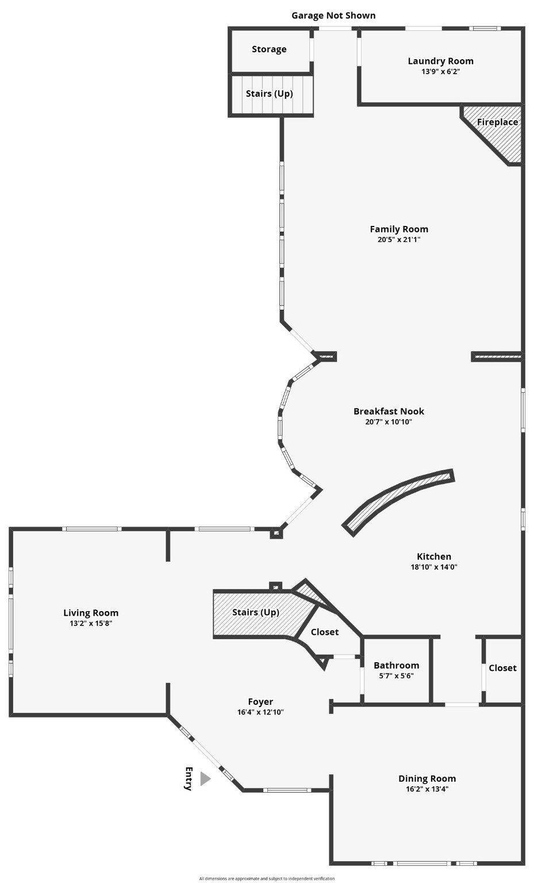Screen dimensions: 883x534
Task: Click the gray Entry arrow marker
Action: (205, 779)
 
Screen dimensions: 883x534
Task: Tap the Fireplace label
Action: (497, 122)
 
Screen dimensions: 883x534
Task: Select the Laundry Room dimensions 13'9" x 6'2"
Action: (440, 72)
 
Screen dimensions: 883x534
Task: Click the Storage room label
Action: (269, 49)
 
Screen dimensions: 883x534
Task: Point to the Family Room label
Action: (399, 229)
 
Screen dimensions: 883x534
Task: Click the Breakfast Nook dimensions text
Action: (389, 422)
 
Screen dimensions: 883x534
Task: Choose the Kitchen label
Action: (434, 556)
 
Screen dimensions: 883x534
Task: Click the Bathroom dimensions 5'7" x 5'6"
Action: (396, 676)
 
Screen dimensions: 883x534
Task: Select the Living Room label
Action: (91, 613)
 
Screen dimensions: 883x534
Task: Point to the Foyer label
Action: (260, 701)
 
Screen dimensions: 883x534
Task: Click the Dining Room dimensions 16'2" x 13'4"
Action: (427, 789)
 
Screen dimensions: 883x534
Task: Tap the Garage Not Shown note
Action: (333, 16)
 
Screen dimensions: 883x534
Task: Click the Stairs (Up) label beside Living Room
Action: (256, 612)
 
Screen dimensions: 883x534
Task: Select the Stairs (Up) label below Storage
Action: (270, 94)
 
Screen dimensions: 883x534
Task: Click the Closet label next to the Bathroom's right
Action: (502, 668)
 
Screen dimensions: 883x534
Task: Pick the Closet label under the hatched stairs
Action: (325, 632)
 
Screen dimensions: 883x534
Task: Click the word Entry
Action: (188, 779)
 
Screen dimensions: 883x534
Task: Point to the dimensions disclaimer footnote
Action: (267, 878)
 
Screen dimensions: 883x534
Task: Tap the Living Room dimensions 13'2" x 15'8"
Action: (91, 623)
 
